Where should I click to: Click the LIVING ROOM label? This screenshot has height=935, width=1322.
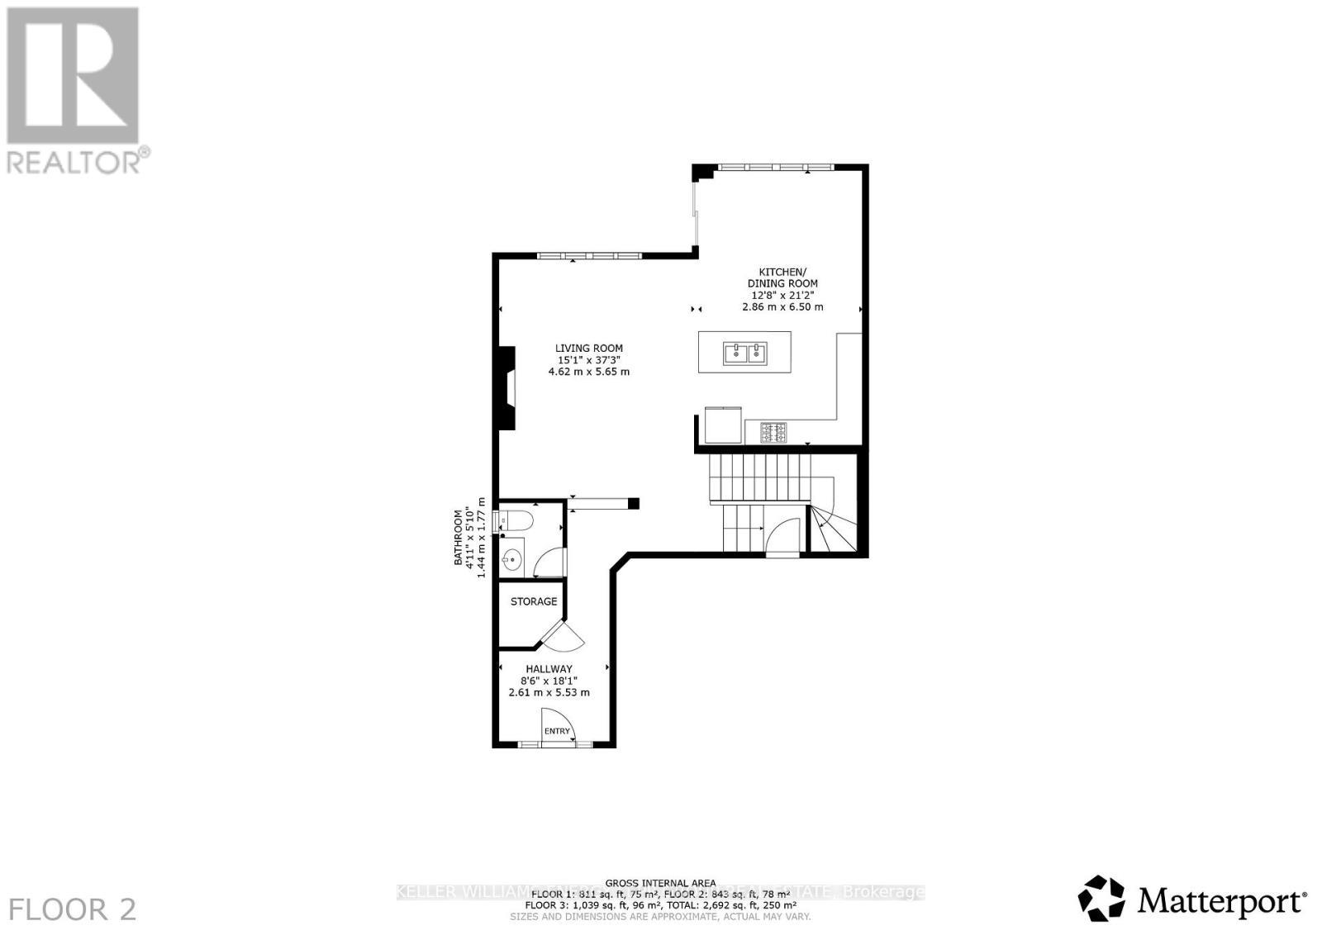coord(588,349)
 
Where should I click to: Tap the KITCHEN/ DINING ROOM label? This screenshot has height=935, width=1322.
coord(782,278)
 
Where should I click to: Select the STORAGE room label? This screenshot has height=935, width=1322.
coord(533,601)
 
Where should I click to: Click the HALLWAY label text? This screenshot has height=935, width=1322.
coord(549,669)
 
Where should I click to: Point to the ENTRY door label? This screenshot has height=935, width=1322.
coord(557,731)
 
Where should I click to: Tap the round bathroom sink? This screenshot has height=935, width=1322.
coord(512,559)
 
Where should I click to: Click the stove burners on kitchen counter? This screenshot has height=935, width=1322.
coord(774,431)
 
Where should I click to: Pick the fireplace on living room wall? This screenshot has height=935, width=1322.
coord(505,388)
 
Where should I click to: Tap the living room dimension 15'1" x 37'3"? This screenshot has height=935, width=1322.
coord(588,360)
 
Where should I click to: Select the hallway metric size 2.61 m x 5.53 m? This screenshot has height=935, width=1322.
coord(549,692)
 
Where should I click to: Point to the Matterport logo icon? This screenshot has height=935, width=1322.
coord(1101,898)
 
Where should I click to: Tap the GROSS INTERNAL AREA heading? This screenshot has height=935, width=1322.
coord(660,883)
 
